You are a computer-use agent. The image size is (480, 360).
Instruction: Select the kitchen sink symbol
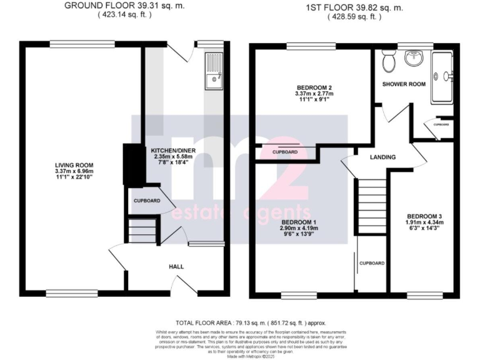click(213, 69)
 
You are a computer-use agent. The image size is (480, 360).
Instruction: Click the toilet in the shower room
click(389, 61)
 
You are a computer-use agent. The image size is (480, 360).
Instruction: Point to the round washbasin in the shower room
click(414, 59)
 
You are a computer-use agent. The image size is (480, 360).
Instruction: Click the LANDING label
click(382, 157)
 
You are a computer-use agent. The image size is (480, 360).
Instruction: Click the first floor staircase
click(371, 206)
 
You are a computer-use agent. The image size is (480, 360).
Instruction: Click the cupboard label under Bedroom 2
click(285, 152)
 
